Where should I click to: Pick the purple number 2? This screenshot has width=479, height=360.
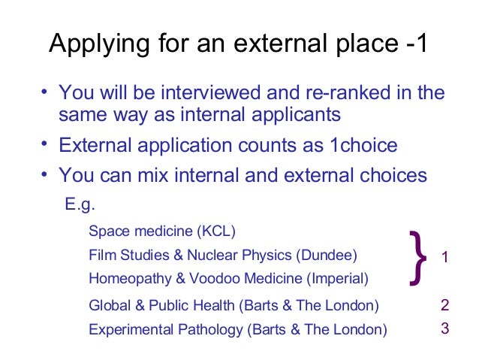point(445,305)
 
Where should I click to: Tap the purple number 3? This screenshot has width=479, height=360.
point(445,328)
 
